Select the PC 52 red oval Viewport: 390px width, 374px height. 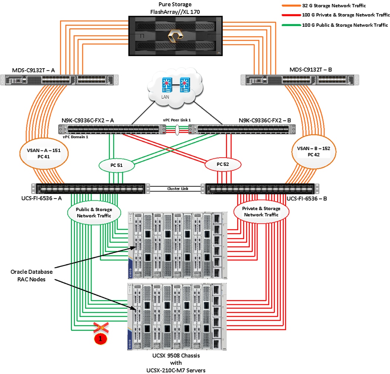pyautogui.click(x=223, y=164)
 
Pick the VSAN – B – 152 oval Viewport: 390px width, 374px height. pyautogui.click(x=316, y=152)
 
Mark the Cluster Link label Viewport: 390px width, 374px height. pyautogui.click(x=178, y=188)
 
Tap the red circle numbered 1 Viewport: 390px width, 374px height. pyautogui.click(x=100, y=338)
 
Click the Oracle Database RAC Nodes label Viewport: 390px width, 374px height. pyautogui.click(x=32, y=275)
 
